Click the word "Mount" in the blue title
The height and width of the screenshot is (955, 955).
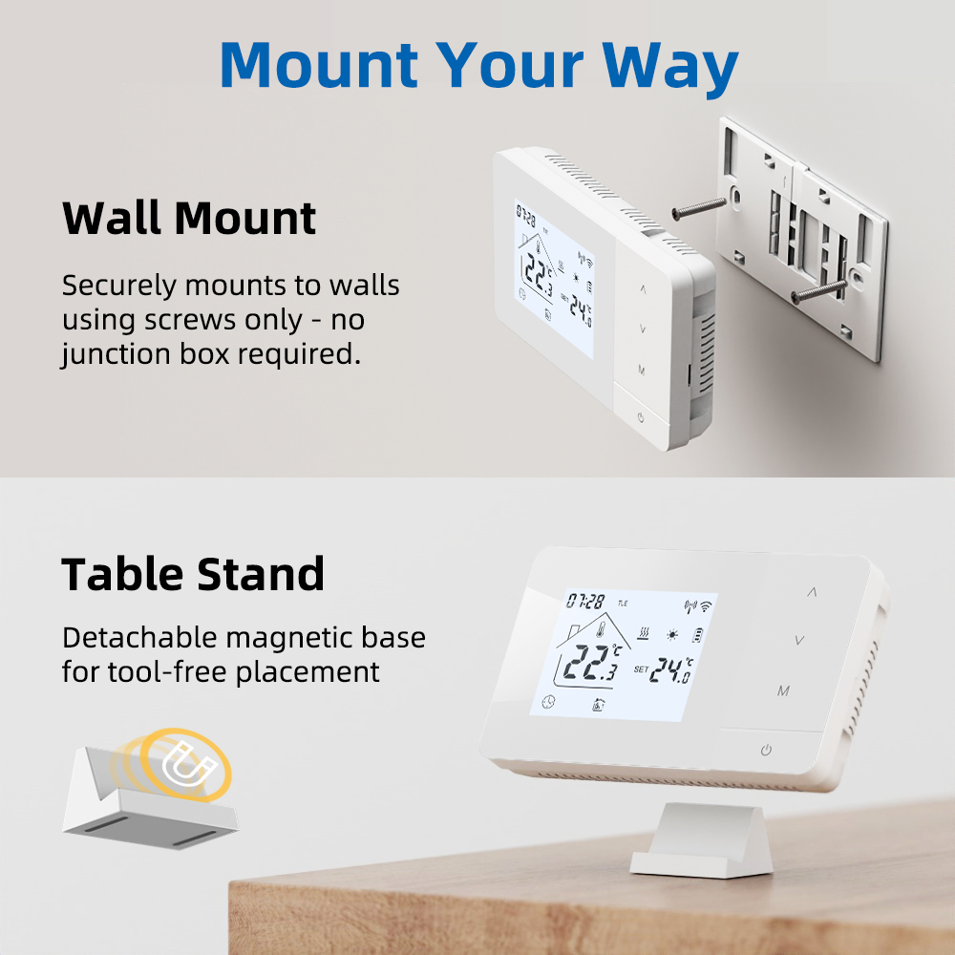click(x=319, y=65)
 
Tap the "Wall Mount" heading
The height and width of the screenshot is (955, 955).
click(x=189, y=218)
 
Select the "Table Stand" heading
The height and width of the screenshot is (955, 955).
click(x=193, y=574)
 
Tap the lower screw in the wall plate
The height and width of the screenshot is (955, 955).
click(x=818, y=291)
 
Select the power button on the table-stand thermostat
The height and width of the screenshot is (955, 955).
click(x=766, y=750)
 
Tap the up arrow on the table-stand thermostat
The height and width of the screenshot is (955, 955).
click(x=812, y=591)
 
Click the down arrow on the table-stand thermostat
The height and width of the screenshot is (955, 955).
click(x=799, y=640)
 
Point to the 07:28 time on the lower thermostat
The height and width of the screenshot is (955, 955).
click(x=585, y=602)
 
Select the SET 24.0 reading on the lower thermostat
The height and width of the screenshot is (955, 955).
click(x=664, y=669)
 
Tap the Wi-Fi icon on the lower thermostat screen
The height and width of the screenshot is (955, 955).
click(x=706, y=606)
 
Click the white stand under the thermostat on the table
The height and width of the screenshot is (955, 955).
click(x=702, y=840)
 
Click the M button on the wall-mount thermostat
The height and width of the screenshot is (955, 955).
click(x=642, y=370)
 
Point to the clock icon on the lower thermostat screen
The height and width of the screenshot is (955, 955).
click(x=549, y=702)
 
